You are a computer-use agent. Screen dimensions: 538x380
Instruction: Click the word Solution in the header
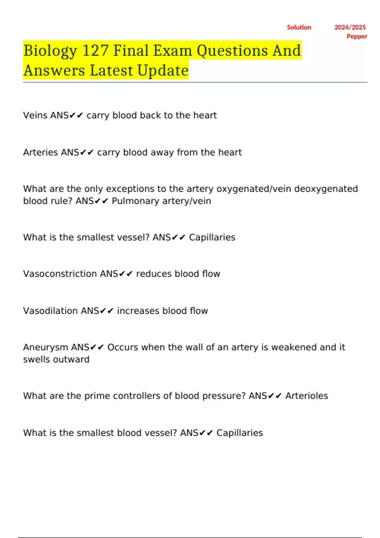pyautogui.click(x=299, y=28)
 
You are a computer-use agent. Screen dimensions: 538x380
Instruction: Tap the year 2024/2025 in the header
pyautogui.click(x=350, y=28)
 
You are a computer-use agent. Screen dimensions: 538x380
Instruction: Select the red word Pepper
pyautogui.click(x=357, y=36)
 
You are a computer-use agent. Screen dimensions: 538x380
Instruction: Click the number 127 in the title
pyautogui.click(x=95, y=51)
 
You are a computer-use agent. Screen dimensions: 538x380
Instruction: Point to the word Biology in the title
pyautogui.click(x=50, y=51)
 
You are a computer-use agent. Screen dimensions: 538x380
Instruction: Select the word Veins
pyautogui.click(x=35, y=115)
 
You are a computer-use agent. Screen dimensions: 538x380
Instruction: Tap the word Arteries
pyautogui.click(x=41, y=152)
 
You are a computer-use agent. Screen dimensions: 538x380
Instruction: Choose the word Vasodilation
pyautogui.click(x=50, y=311)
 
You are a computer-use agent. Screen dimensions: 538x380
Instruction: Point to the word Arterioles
pyautogui.click(x=307, y=396)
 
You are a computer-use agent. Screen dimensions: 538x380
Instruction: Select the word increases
pyautogui.click(x=138, y=311)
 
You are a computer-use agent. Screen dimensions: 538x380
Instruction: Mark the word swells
pyautogui.click(x=37, y=360)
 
